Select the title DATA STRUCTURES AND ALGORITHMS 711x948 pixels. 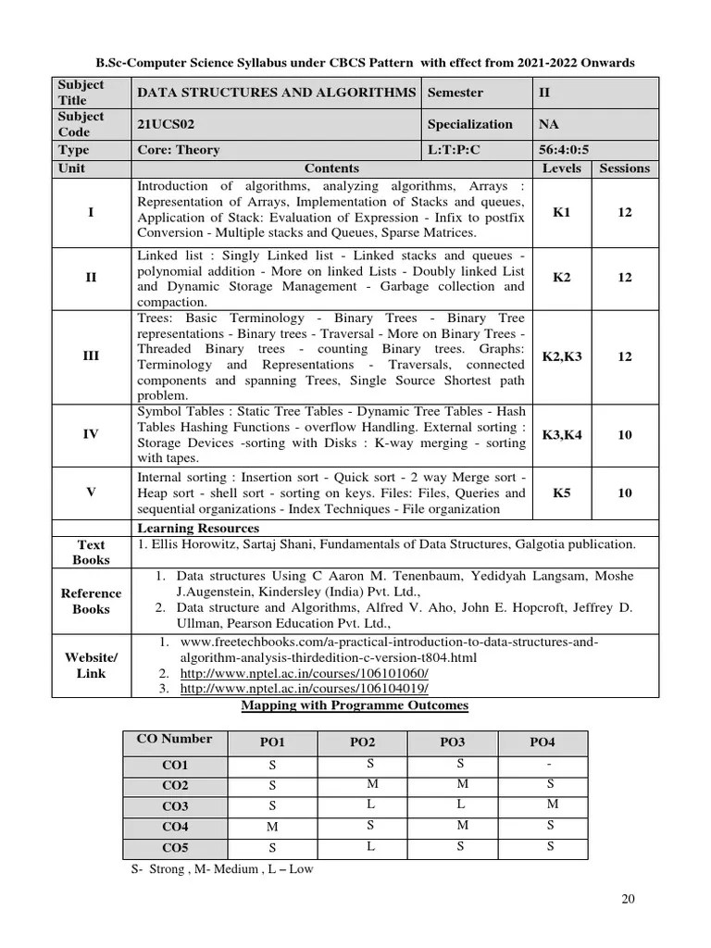point(276,93)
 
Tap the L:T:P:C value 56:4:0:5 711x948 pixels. point(563,150)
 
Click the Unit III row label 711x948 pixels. point(91,355)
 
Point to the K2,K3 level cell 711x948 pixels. point(562,355)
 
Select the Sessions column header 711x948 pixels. point(625,168)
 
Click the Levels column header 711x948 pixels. point(562,168)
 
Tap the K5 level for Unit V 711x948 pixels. point(562,493)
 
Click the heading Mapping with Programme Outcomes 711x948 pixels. point(355,705)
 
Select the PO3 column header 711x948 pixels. point(452,742)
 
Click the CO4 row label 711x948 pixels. point(175,827)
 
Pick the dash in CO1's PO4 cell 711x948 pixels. point(550,764)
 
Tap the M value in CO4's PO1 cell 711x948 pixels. point(272,827)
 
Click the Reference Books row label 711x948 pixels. point(91,601)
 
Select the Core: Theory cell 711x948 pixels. point(179,150)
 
